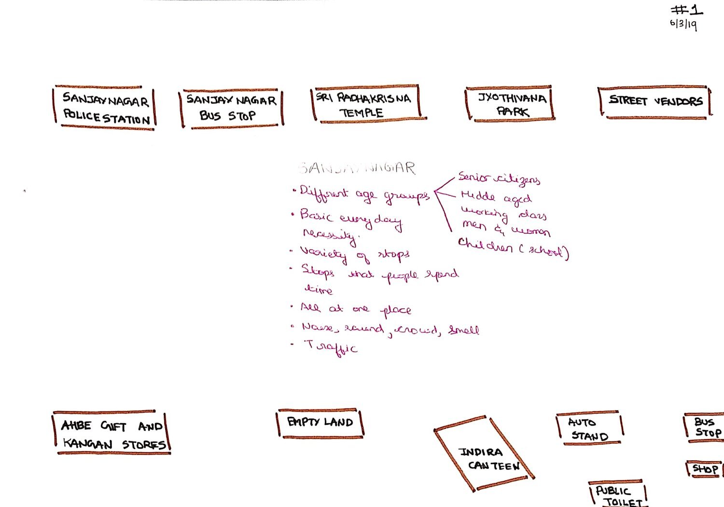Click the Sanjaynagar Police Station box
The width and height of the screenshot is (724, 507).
105,108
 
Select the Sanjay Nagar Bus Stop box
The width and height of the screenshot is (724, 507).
231,108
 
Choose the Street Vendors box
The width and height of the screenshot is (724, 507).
654,102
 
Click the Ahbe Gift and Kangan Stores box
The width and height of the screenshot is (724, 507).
111,433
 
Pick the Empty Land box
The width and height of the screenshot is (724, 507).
320,423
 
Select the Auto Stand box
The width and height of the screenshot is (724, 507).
588,428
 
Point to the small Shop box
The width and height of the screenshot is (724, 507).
705,468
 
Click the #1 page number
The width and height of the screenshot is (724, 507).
687,10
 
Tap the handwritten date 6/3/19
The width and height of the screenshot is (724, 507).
683,24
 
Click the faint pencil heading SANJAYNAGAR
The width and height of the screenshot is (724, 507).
357,168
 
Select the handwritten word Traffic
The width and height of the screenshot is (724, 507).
331,347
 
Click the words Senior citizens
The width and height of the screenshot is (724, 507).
499,179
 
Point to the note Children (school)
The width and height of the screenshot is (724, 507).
513,249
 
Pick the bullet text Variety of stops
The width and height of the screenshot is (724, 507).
355,254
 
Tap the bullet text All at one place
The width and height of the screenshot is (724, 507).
356,309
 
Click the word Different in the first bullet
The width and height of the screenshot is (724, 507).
323,192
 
